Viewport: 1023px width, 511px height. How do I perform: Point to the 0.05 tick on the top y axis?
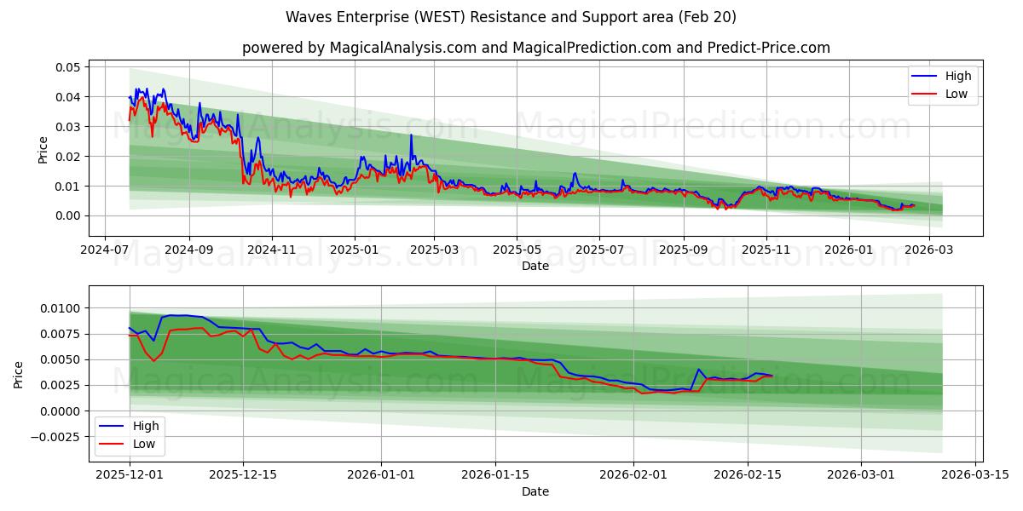[67, 67]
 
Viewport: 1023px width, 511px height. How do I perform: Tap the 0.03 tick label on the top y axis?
[67, 127]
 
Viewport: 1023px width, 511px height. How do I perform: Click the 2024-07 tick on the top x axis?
[104, 250]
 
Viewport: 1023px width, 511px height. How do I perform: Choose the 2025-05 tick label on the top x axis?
[517, 250]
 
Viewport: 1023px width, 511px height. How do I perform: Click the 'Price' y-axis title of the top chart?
[43, 148]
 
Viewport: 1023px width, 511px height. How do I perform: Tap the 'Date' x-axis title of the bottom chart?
[535, 491]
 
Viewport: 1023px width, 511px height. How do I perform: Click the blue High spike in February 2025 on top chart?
[411, 135]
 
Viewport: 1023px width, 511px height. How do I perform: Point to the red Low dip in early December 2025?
[153, 360]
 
